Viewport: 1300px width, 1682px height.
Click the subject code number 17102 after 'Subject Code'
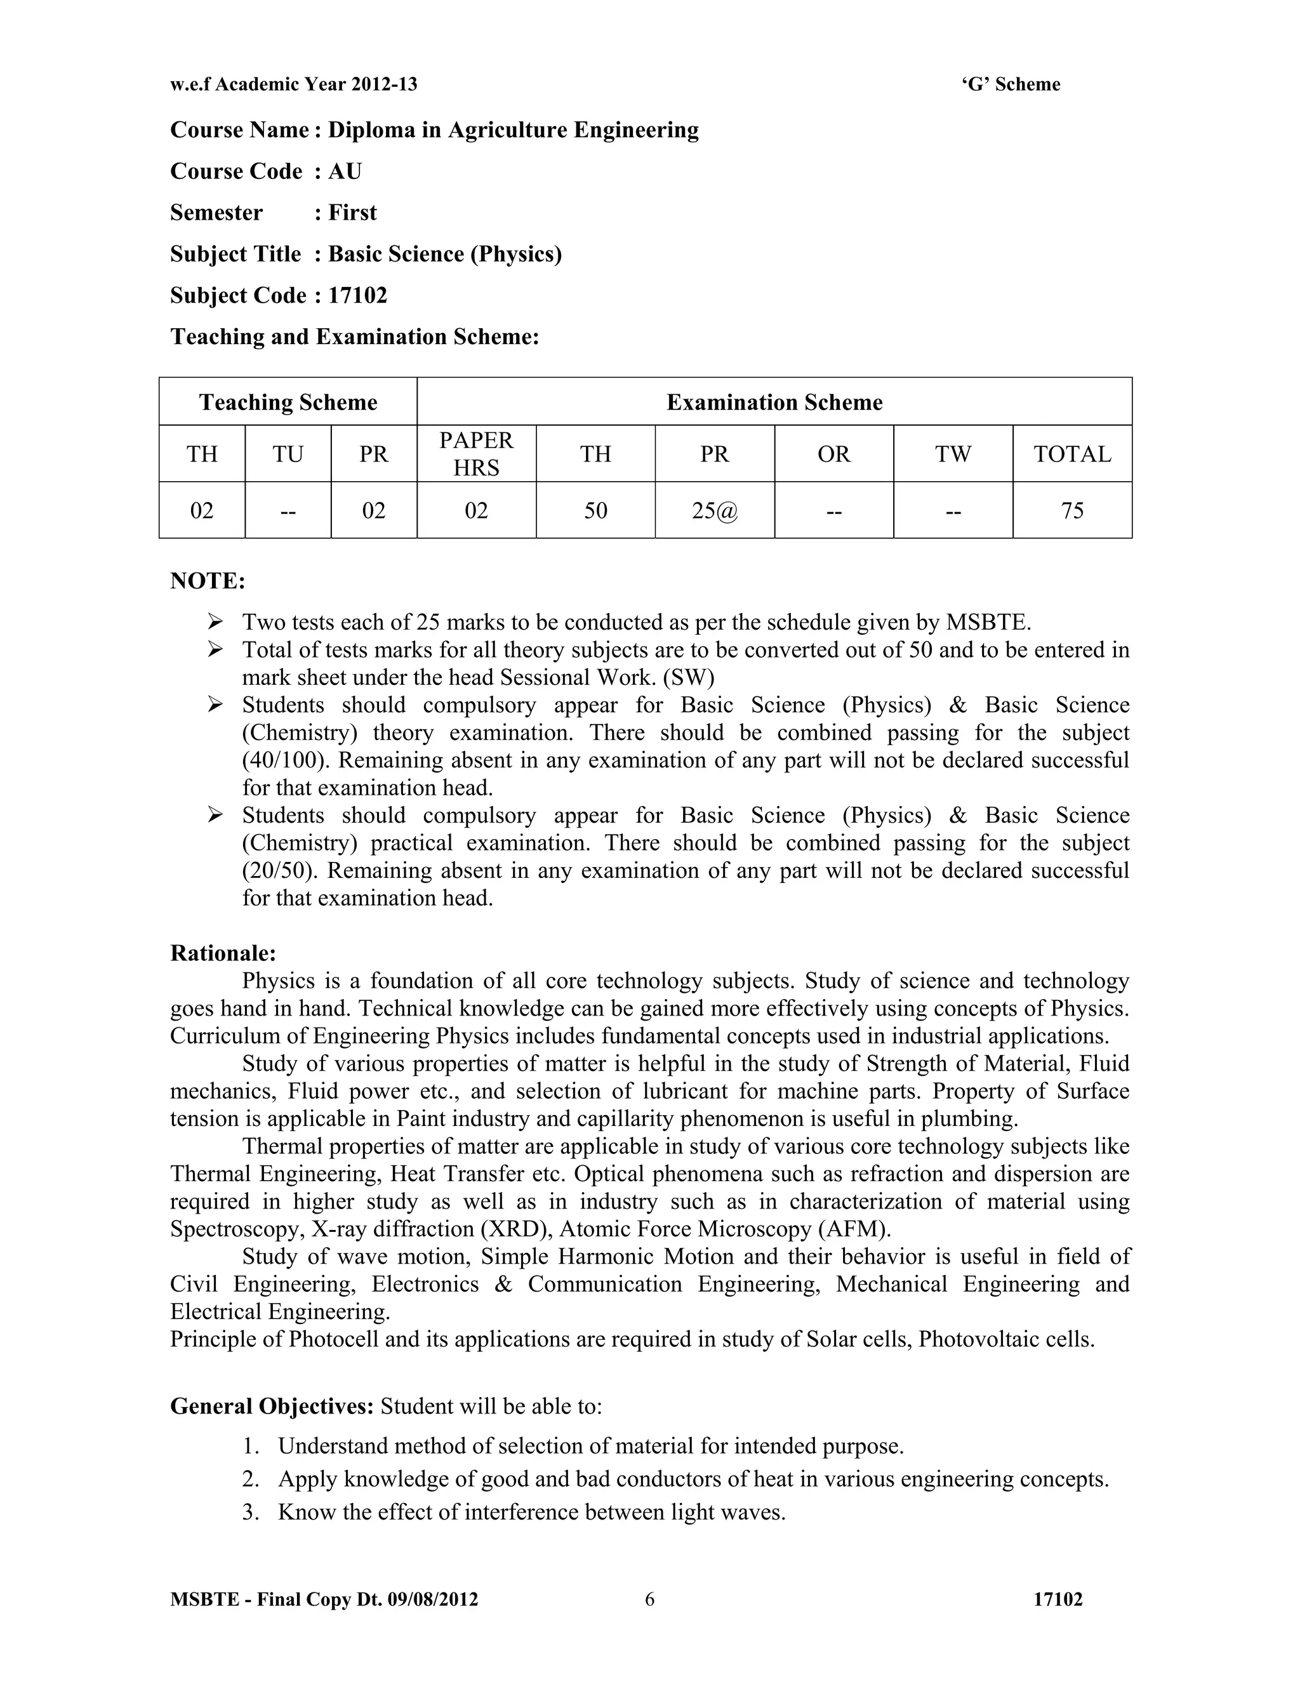[x=357, y=296]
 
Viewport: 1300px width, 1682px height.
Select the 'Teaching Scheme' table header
[x=288, y=403]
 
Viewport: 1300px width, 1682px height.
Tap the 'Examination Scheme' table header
[x=774, y=403]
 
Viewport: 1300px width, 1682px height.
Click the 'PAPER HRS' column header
[x=476, y=454]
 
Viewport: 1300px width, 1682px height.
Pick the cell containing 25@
[x=714, y=510]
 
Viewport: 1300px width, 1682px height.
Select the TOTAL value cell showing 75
[x=1072, y=510]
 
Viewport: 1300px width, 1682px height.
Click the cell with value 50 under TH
[x=595, y=510]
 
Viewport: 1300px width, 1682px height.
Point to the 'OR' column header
[x=833, y=454]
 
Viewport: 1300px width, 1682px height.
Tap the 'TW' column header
[x=953, y=454]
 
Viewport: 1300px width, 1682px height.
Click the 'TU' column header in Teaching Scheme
[x=288, y=454]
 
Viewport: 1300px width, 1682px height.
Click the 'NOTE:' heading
[x=207, y=581]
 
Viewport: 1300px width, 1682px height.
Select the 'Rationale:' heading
[x=223, y=953]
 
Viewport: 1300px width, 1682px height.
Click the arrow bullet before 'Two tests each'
[x=215, y=621]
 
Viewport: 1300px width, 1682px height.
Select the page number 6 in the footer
[x=649, y=1599]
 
